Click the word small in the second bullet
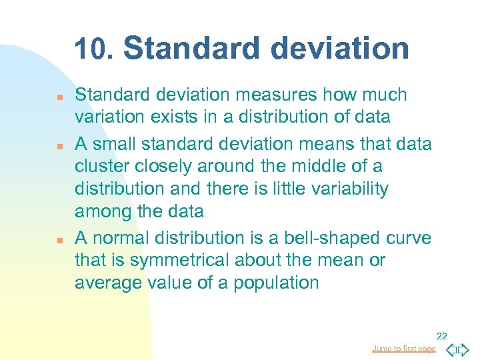click(x=116, y=144)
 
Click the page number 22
click(x=441, y=337)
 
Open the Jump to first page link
click(x=404, y=349)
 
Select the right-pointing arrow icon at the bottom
click(x=464, y=349)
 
